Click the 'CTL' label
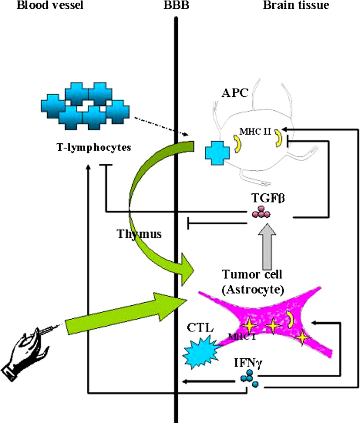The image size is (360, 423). [x=199, y=328]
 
